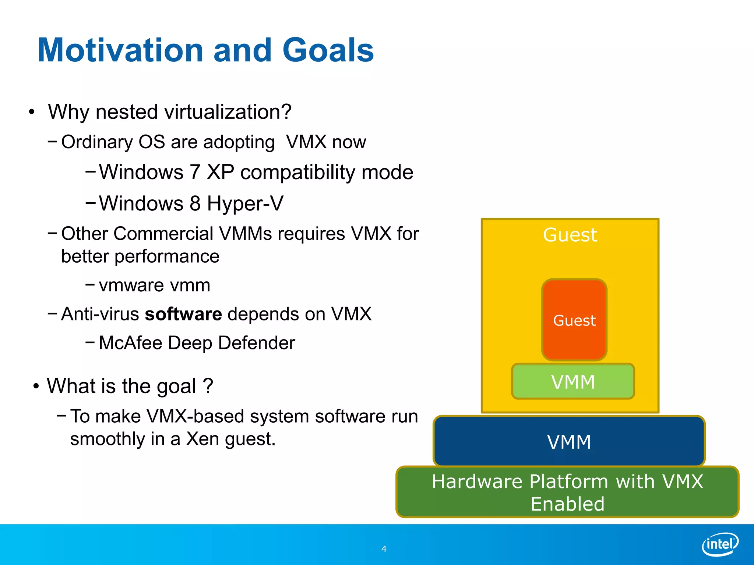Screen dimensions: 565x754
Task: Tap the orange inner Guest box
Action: (x=574, y=320)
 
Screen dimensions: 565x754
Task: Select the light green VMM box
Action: (x=573, y=381)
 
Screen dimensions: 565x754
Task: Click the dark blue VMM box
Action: (x=569, y=441)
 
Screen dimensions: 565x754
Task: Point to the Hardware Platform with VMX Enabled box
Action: (x=567, y=492)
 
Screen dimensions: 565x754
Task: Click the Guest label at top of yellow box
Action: (x=570, y=235)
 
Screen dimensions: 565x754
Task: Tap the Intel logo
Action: (x=720, y=544)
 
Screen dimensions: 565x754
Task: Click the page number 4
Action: (x=384, y=549)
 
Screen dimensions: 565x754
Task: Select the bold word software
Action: (x=183, y=314)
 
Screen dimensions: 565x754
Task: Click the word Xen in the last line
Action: (x=202, y=439)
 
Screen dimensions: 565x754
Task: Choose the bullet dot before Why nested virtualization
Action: (x=32, y=112)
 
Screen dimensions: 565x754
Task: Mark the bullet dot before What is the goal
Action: (x=36, y=387)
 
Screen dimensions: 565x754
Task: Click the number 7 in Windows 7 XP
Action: (x=195, y=172)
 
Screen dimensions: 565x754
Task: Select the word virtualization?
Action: (x=228, y=112)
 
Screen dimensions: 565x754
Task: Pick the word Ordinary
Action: (x=97, y=142)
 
